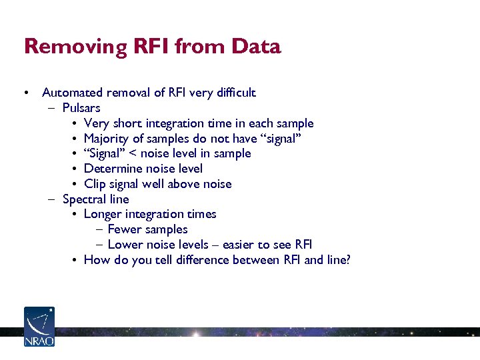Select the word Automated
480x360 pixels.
(71, 93)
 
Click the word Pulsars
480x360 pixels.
(81, 108)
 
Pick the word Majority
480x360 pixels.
(107, 139)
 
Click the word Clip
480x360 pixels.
(95, 184)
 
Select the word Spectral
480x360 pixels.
(84, 199)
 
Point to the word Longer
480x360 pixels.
(103, 214)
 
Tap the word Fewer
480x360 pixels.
(124, 229)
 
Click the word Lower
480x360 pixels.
(124, 245)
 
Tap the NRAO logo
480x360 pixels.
(39, 327)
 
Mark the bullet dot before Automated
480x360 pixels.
(25, 93)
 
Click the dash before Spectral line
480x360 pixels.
(52, 199)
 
